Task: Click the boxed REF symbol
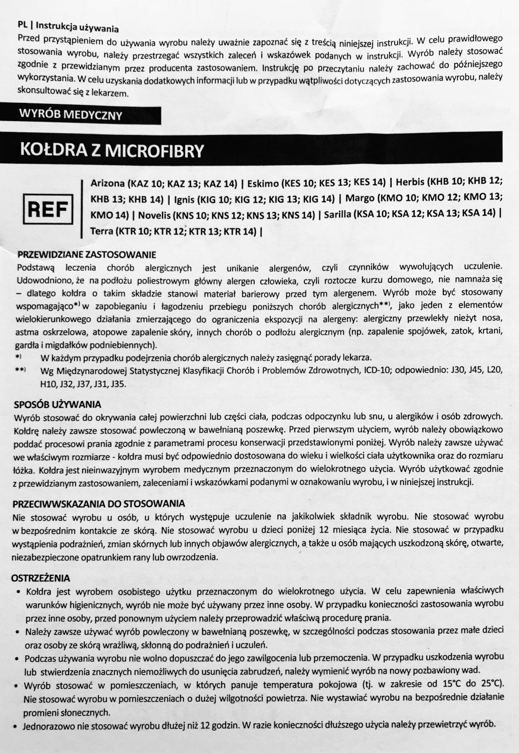point(48,209)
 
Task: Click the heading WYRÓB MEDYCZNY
point(71,114)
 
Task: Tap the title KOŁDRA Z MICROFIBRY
point(112,150)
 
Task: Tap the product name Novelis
point(154,215)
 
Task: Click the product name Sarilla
point(337,214)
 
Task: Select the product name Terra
point(102,231)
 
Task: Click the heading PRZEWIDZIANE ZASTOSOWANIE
point(87,255)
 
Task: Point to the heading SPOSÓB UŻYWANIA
point(57,404)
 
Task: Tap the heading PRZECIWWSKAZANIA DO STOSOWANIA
point(99,504)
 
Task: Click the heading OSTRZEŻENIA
point(41,578)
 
